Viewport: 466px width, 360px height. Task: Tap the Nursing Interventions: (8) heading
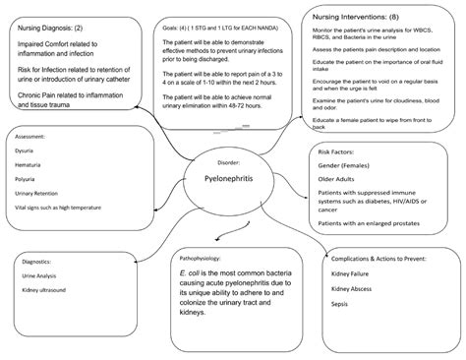(357, 19)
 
